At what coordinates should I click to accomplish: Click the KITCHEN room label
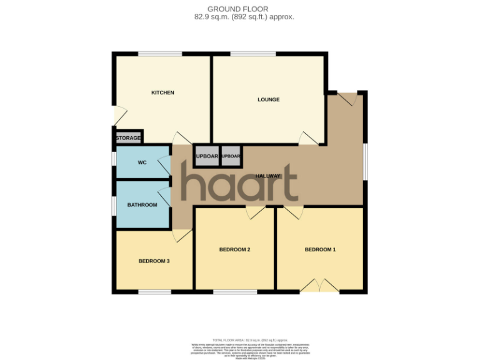tap(162, 93)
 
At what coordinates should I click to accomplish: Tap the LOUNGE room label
tap(269, 99)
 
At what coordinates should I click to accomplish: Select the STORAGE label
tap(129, 137)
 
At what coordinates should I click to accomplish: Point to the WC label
tap(142, 162)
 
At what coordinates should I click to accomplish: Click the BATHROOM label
tap(142, 204)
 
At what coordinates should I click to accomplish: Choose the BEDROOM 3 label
tap(154, 261)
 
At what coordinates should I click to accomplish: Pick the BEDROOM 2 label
tap(234, 249)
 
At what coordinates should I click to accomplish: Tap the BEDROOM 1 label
tap(320, 249)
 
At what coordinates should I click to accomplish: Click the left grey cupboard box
tap(206, 156)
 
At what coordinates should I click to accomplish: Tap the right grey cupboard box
tap(231, 156)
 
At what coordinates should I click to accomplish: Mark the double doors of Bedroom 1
tap(319, 286)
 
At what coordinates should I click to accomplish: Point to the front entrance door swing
tap(348, 98)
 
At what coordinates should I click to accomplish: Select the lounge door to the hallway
tap(308, 139)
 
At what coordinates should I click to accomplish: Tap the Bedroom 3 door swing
tap(182, 236)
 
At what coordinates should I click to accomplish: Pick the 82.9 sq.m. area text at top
tap(244, 17)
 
